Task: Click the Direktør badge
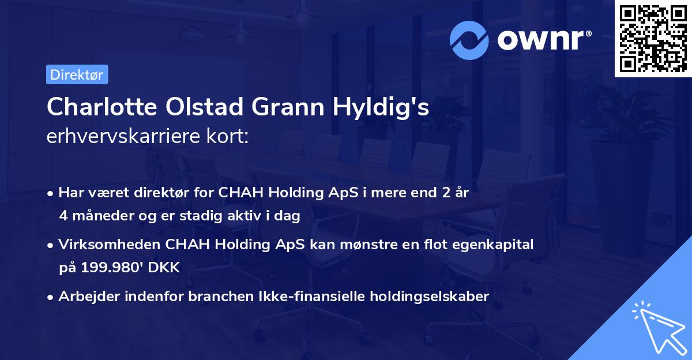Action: point(77,74)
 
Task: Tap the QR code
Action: point(652,38)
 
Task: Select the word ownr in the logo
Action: point(543,39)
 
